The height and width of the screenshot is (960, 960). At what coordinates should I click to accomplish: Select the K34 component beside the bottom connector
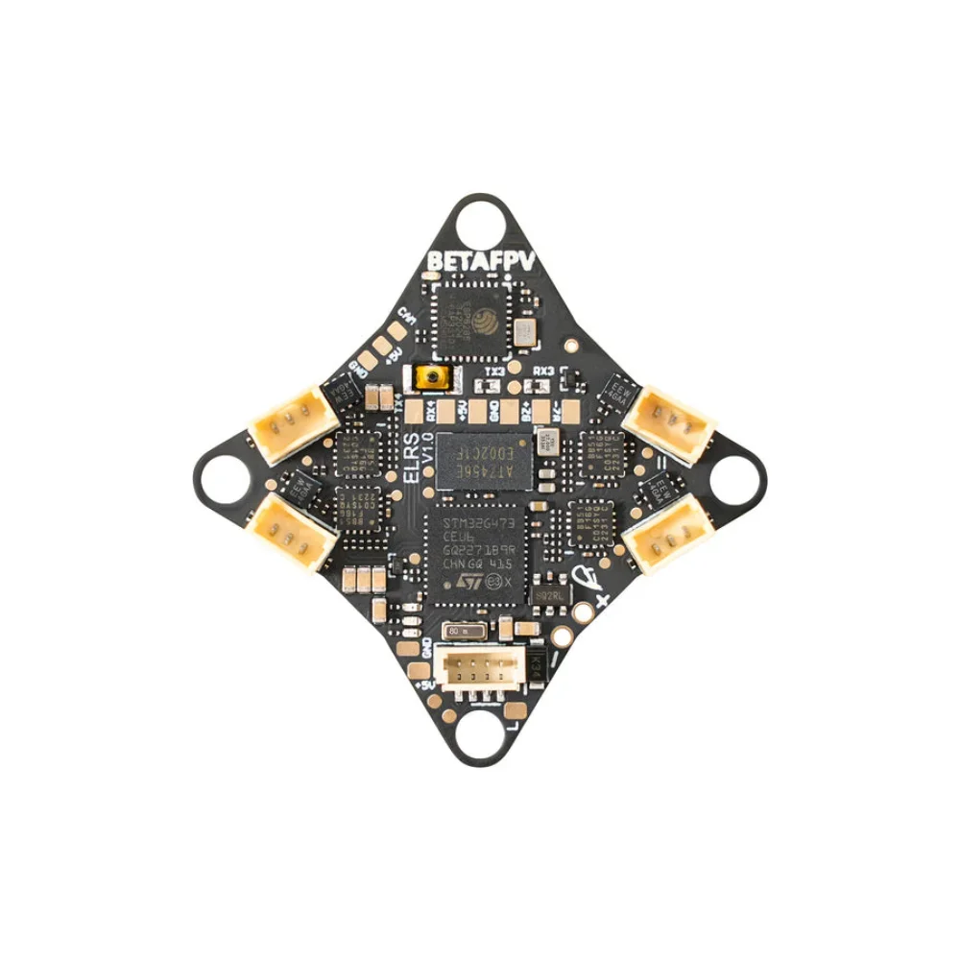pos(538,662)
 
